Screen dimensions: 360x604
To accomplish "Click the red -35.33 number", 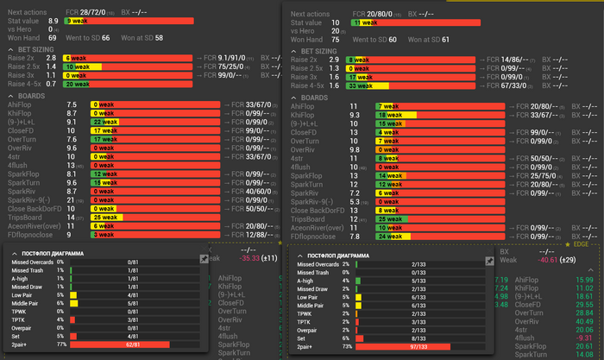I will (x=233, y=257).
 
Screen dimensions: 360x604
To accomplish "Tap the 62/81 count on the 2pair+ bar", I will (x=132, y=344).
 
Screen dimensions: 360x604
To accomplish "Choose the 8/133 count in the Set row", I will (x=418, y=337).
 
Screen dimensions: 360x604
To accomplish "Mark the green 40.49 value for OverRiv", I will (x=583, y=320).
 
